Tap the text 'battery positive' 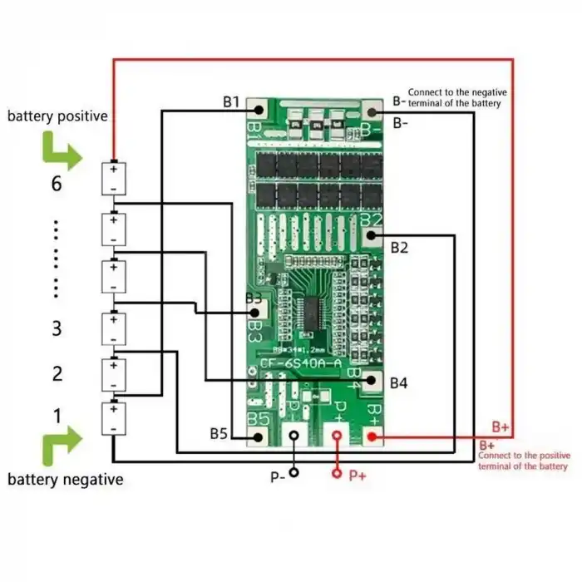57,116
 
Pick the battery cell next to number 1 113,418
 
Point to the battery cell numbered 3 113,328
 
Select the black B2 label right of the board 399,247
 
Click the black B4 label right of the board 399,383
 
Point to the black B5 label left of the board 219,433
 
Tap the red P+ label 358,476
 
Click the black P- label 277,476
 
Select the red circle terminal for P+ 336,474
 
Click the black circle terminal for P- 295,474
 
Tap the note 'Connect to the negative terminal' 456,97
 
